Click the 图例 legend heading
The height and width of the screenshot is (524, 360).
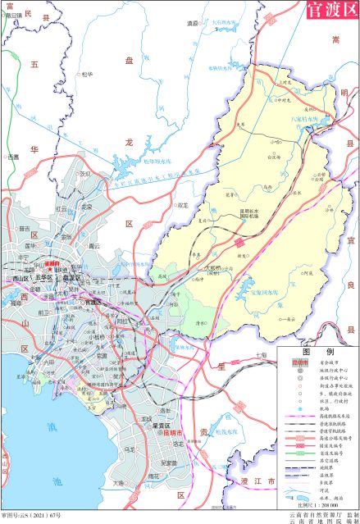[315, 349]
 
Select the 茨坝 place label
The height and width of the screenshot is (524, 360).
[85, 174]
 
